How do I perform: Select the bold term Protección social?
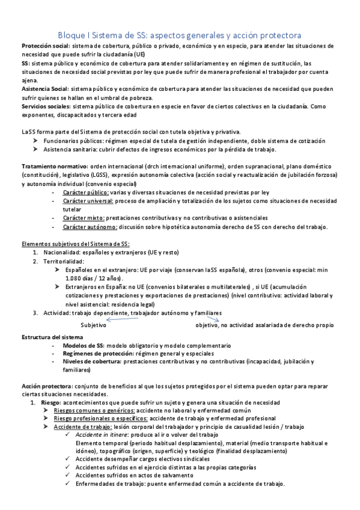[45, 46]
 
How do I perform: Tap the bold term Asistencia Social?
[44, 89]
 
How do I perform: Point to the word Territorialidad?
[63, 262]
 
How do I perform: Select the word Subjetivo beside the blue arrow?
[93, 325]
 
